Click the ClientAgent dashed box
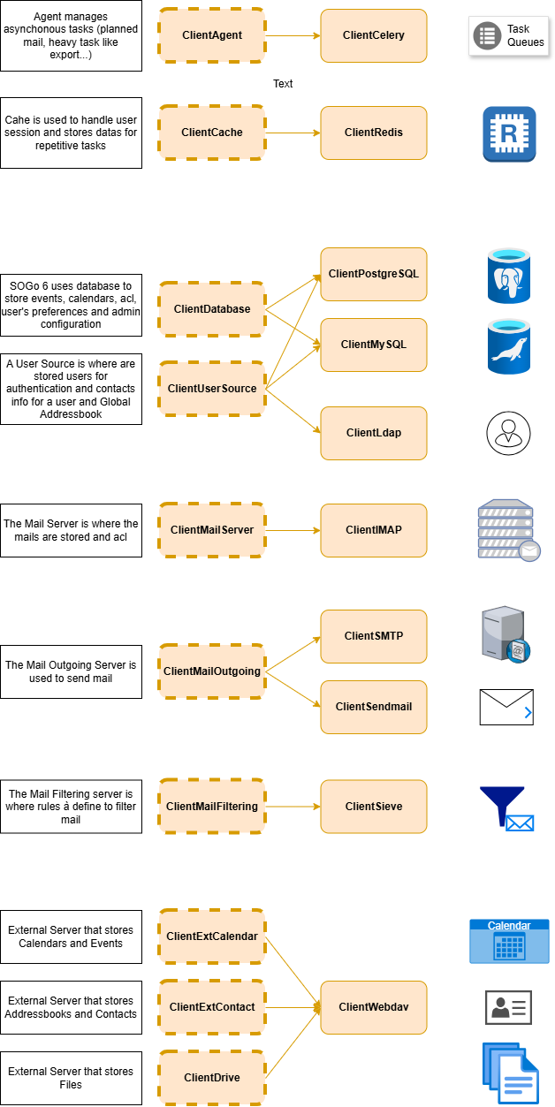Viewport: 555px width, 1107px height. click(211, 35)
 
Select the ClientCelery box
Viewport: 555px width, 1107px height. click(374, 35)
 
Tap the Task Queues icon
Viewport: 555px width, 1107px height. click(508, 36)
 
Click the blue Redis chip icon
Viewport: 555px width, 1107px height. click(509, 134)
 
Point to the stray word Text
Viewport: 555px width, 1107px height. click(283, 84)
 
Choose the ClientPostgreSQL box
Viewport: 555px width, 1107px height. click(374, 274)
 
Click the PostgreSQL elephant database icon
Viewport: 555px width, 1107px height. click(508, 276)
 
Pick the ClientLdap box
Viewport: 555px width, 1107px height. click(374, 434)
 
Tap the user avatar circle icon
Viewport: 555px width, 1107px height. click(508, 433)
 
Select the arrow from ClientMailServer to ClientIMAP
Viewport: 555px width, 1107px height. click(293, 531)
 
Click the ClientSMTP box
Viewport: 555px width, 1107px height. click(374, 636)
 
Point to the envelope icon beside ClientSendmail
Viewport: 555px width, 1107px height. click(506, 707)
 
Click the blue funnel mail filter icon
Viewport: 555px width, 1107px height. click(506, 808)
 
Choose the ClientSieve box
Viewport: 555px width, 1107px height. click(374, 807)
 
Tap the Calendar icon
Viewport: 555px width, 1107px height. click(509, 941)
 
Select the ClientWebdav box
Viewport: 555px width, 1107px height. click(374, 1007)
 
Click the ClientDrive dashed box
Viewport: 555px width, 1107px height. click(211, 1078)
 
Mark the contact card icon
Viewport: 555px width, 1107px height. click(508, 1007)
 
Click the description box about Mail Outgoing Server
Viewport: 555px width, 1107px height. click(72, 671)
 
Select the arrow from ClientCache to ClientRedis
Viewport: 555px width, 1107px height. click(293, 133)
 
